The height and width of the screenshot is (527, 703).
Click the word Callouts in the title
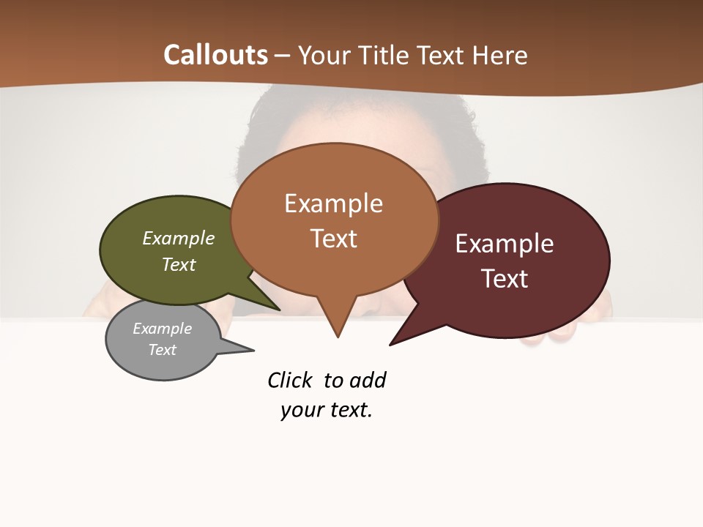(x=215, y=55)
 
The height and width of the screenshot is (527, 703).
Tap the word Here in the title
(x=498, y=56)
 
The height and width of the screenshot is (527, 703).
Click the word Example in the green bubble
(x=179, y=238)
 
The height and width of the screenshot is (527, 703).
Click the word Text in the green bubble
(x=179, y=264)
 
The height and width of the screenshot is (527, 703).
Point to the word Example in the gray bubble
(x=162, y=329)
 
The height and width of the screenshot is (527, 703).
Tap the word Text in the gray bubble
(x=162, y=350)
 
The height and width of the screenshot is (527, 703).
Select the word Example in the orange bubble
(x=333, y=203)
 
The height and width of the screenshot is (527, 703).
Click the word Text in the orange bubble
(x=333, y=239)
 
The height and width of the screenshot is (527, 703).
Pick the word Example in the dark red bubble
(x=505, y=244)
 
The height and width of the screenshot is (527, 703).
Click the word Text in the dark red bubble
(x=505, y=279)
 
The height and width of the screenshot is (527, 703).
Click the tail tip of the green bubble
(x=278, y=309)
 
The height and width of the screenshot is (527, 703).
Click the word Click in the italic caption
(x=289, y=381)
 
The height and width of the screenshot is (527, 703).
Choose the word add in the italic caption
(x=368, y=381)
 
